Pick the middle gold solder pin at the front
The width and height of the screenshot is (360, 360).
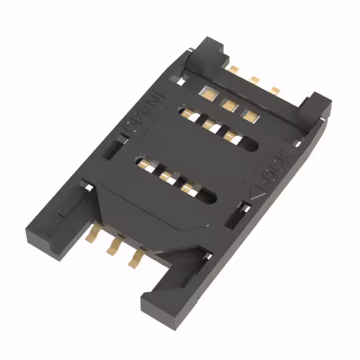114,244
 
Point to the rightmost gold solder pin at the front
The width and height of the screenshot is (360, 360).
136,257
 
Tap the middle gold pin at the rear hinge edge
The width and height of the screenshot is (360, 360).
254,79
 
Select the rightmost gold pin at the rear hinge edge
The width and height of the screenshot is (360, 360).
275,90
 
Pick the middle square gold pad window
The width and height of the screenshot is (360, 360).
228,103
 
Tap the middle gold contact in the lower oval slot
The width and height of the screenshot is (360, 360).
166,177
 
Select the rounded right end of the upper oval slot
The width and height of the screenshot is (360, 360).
253,145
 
